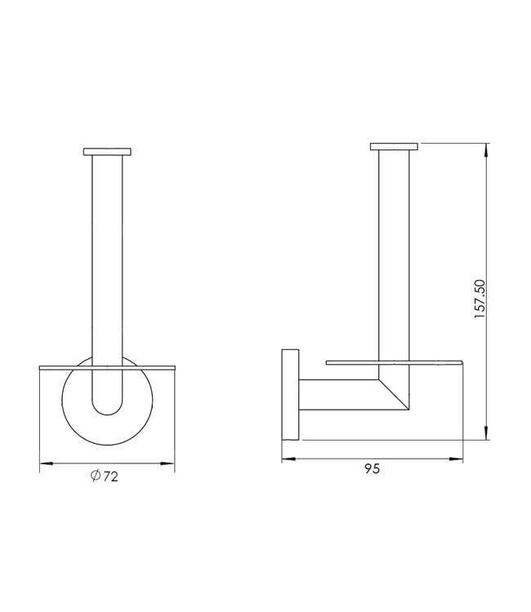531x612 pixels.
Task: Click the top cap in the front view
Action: [107, 152]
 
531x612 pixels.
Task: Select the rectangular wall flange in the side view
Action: [290, 395]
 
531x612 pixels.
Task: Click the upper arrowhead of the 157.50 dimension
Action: [488, 149]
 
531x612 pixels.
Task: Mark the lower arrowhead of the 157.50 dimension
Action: [488, 435]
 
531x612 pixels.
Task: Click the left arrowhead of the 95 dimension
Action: [287, 459]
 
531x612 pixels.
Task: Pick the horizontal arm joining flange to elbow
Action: [335, 395]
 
